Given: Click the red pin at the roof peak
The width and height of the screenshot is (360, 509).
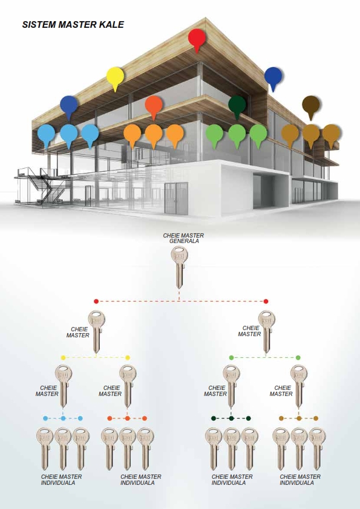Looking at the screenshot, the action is (197, 39).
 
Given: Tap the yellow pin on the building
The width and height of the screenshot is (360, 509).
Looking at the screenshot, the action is (115, 77).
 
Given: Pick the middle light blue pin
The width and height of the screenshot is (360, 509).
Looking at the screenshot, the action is (69, 134).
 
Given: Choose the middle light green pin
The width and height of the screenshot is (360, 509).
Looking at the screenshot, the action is (237, 134).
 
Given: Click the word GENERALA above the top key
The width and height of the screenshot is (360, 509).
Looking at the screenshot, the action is (184, 241).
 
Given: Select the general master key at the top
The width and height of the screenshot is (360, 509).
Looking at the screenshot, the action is (179, 267).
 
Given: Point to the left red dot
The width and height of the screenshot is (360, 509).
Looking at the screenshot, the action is (96, 301).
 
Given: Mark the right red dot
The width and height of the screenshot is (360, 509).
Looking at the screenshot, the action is (266, 301).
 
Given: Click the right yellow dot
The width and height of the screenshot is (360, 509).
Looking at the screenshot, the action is (128, 358).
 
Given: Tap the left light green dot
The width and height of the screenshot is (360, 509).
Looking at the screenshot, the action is (231, 358).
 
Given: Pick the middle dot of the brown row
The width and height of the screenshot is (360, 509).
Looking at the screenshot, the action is (299, 418).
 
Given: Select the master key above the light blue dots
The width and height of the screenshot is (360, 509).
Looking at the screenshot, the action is (64, 386).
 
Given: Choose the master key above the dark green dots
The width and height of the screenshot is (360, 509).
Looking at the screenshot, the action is (231, 386).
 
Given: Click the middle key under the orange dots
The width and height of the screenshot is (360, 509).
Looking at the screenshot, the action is (128, 449).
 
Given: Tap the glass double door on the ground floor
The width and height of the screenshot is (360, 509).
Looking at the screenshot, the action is (176, 198).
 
